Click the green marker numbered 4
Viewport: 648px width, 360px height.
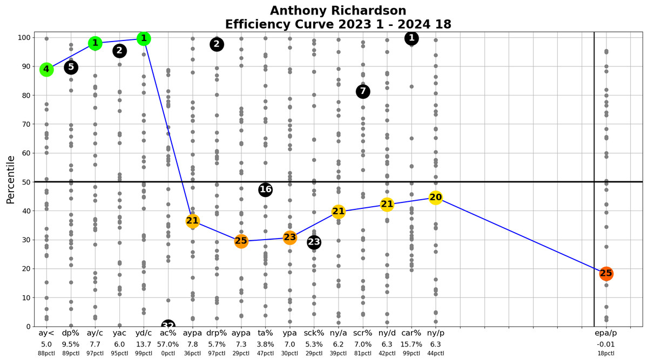[46, 69]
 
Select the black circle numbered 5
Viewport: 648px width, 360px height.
[71, 67]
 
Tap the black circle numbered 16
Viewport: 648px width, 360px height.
[265, 189]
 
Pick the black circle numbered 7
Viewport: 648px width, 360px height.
[363, 92]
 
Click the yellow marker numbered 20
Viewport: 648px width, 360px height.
[436, 198]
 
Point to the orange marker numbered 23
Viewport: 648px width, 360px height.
[290, 237]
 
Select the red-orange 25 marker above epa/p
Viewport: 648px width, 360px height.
[606, 274]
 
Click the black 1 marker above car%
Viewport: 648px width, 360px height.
[411, 38]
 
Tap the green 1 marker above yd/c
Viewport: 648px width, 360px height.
[144, 38]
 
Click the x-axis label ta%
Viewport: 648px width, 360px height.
[265, 333]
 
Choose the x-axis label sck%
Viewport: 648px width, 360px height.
[314, 333]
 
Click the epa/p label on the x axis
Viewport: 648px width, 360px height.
[606, 333]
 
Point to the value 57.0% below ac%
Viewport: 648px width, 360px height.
[168, 344]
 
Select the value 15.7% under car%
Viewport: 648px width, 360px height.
[411, 344]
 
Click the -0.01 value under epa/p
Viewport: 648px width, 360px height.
[606, 344]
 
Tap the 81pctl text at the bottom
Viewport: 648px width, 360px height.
[363, 354]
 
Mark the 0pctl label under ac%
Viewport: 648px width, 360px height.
[168, 354]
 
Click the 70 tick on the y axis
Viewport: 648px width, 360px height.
[24, 124]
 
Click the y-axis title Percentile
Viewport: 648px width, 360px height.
[11, 180]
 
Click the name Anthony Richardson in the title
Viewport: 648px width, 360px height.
[338, 11]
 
